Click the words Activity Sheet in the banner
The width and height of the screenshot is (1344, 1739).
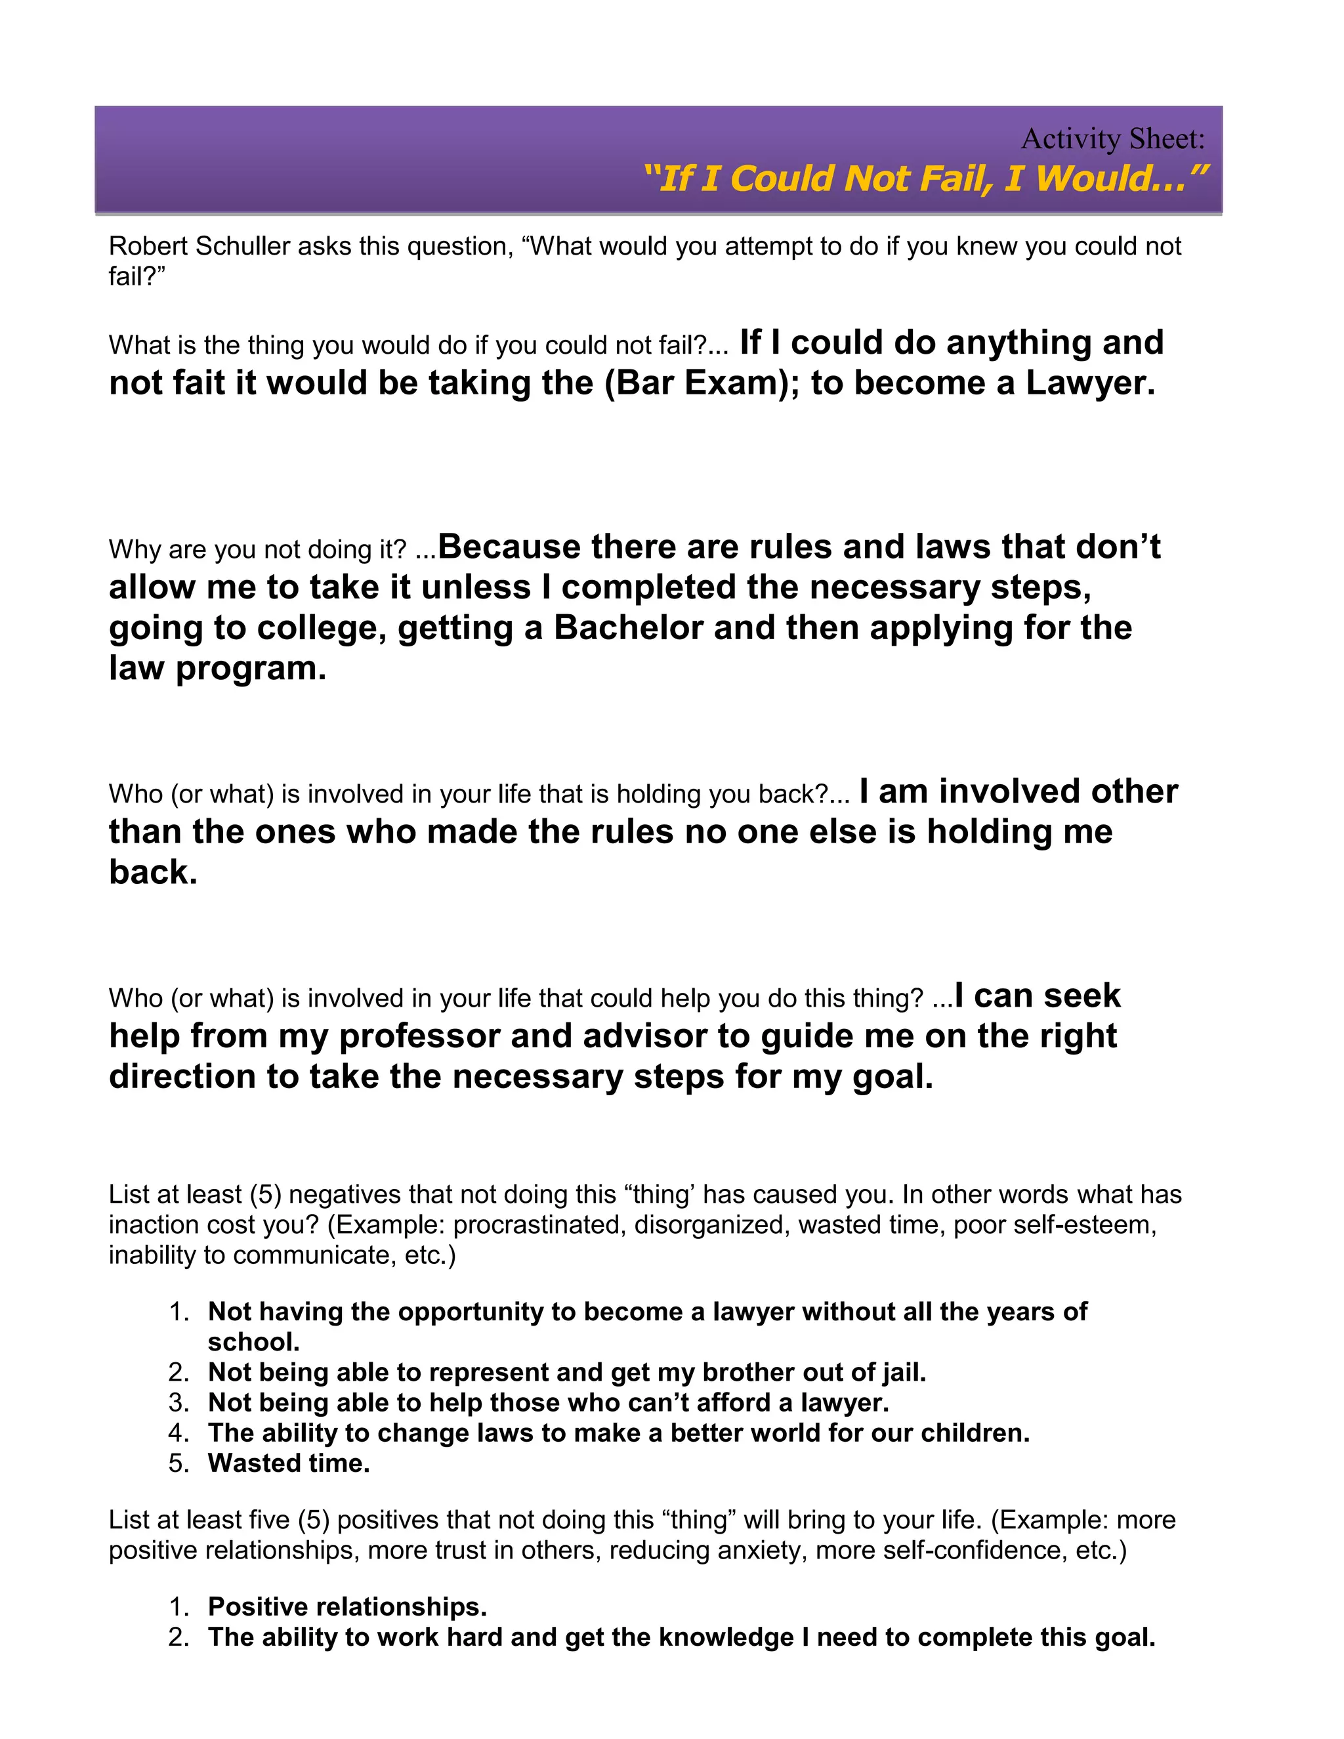click(1112, 139)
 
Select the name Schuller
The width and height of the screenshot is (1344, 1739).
click(242, 247)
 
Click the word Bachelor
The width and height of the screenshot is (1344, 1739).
click(628, 628)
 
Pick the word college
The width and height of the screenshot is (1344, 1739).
click(326, 628)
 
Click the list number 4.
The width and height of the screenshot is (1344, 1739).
click(178, 1433)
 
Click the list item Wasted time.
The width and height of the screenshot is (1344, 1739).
click(288, 1463)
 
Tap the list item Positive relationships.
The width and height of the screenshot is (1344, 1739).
click(347, 1607)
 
